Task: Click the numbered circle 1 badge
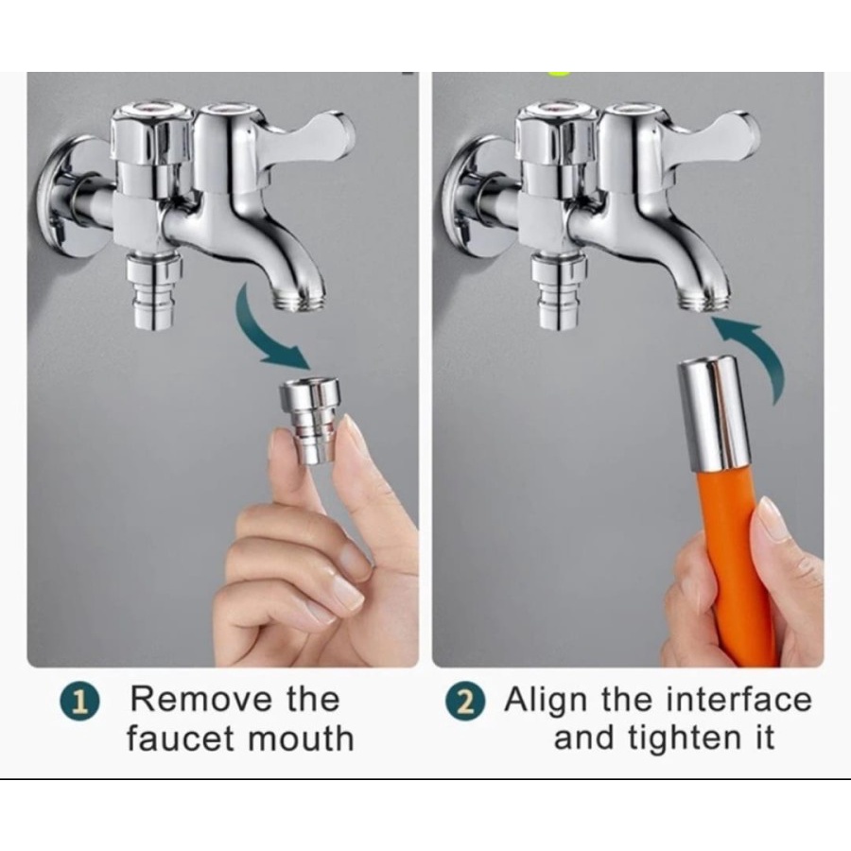tap(79, 702)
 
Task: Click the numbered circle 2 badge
tap(465, 702)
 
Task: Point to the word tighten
tap(686, 740)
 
